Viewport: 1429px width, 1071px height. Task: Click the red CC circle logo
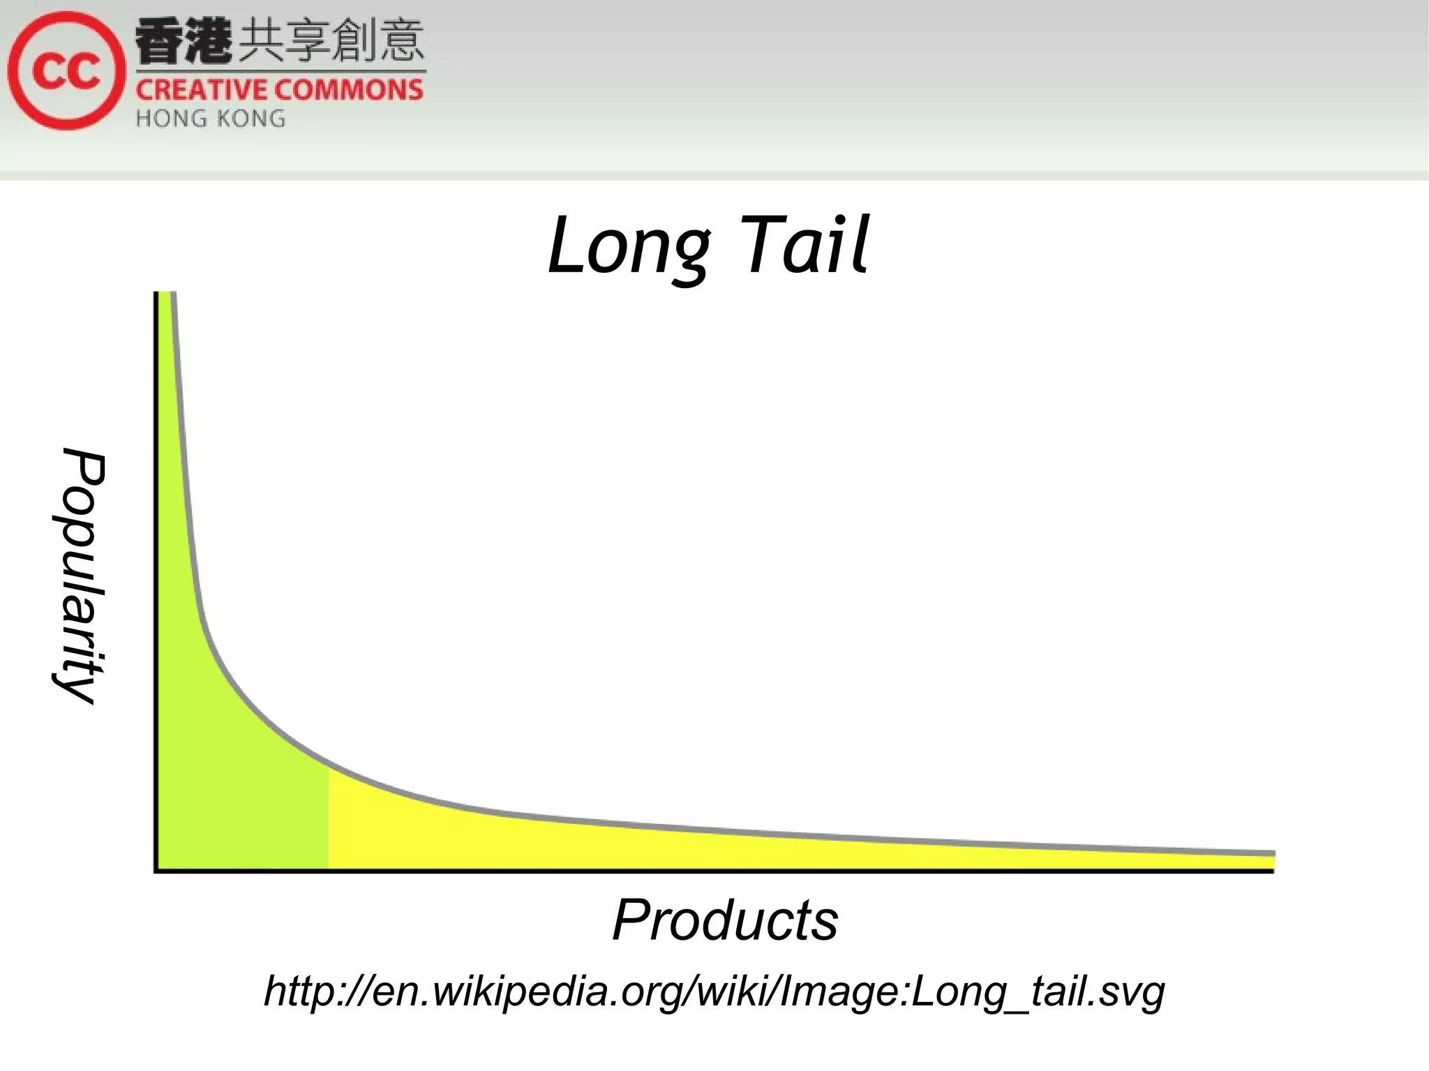(x=66, y=70)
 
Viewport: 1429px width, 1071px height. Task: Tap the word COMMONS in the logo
(x=353, y=91)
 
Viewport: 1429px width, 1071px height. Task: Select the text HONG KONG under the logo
(x=210, y=119)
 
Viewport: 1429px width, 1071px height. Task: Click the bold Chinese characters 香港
(x=183, y=42)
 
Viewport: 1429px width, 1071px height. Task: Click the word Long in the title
(x=628, y=246)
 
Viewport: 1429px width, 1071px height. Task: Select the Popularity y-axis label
(x=80, y=576)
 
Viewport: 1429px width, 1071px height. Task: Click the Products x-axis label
(x=725, y=920)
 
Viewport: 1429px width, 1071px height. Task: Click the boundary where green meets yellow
(x=329, y=816)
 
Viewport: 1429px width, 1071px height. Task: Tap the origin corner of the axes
(x=156, y=870)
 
